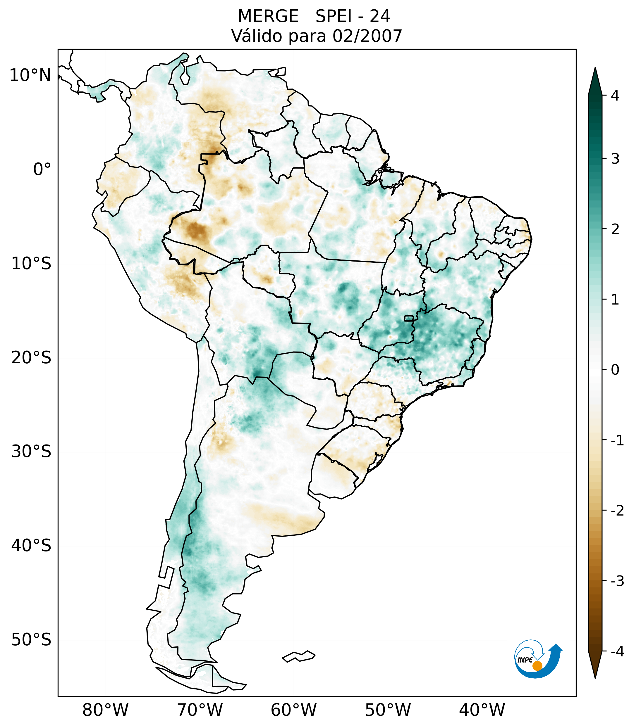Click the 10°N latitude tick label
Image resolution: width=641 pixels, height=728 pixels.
click(30, 75)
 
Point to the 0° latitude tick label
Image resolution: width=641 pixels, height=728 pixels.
click(42, 170)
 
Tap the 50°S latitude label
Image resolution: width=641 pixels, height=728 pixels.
click(31, 640)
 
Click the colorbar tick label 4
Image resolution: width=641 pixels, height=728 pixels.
click(615, 96)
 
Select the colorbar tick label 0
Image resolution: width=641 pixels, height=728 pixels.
click(615, 370)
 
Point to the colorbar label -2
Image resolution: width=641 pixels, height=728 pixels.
click(617, 510)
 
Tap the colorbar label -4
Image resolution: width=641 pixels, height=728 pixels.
click(617, 651)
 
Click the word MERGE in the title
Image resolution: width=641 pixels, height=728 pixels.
click(268, 16)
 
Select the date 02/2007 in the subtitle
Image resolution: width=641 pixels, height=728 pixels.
click(367, 36)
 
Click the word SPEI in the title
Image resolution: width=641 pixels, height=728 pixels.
click(333, 16)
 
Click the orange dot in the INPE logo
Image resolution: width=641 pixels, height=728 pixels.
click(537, 666)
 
